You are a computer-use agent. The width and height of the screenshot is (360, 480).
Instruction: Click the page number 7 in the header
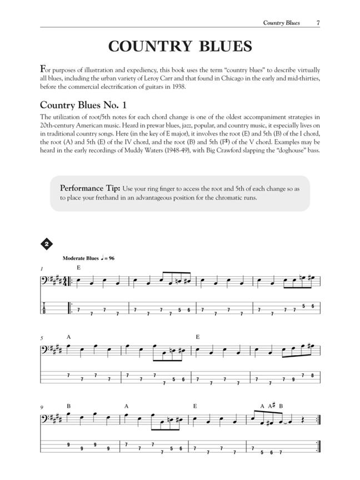point(317,23)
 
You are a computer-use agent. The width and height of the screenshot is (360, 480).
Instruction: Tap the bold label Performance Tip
point(90,188)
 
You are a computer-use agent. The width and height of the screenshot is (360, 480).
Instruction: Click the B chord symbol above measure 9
point(69,406)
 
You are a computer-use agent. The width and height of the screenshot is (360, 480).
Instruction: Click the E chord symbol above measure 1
point(79,267)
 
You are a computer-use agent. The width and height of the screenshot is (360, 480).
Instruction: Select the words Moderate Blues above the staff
point(81,258)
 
